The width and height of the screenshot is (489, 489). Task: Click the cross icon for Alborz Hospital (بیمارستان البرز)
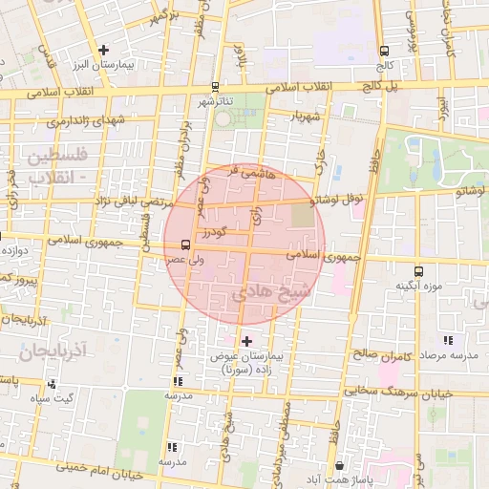104,49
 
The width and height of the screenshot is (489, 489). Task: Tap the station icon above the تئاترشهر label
215,86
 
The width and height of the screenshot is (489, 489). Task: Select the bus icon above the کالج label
384,51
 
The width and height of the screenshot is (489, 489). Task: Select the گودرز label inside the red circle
211,233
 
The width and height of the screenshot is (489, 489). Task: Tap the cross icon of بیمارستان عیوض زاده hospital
246,341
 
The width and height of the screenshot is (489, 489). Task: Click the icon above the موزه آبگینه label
419,272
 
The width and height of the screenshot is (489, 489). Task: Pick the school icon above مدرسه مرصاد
447,341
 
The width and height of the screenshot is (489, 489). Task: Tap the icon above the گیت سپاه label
52,384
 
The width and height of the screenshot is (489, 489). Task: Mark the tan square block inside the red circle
303,216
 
